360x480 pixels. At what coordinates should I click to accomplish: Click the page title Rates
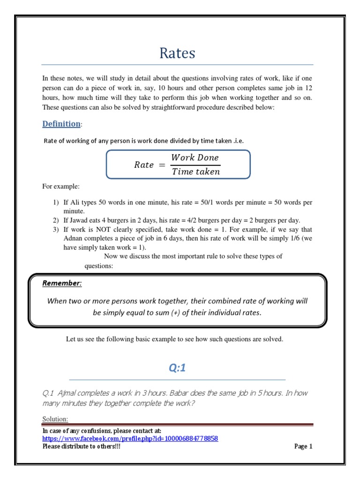pos(177,53)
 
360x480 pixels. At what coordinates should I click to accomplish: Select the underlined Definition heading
pos(61,124)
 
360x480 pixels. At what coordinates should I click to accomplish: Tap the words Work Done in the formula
pos(195,157)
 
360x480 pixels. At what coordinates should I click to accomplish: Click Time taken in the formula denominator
pos(195,172)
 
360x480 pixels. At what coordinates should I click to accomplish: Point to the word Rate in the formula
pos(144,165)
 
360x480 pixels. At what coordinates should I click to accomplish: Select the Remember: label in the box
pos(62,283)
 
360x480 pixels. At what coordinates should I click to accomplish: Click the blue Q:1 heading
pos(177,368)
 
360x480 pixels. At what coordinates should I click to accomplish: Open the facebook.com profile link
pos(130,438)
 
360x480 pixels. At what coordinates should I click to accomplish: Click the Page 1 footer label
pos(303,446)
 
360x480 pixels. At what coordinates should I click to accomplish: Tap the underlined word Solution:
pos(55,418)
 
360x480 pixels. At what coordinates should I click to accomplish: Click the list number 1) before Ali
pos(56,202)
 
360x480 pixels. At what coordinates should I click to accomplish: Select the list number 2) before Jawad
pos(56,220)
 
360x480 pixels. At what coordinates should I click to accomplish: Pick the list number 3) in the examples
pos(56,229)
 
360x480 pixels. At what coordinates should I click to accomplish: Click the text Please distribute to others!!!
pos(81,446)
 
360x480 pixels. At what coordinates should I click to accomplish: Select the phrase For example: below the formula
pos(61,187)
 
